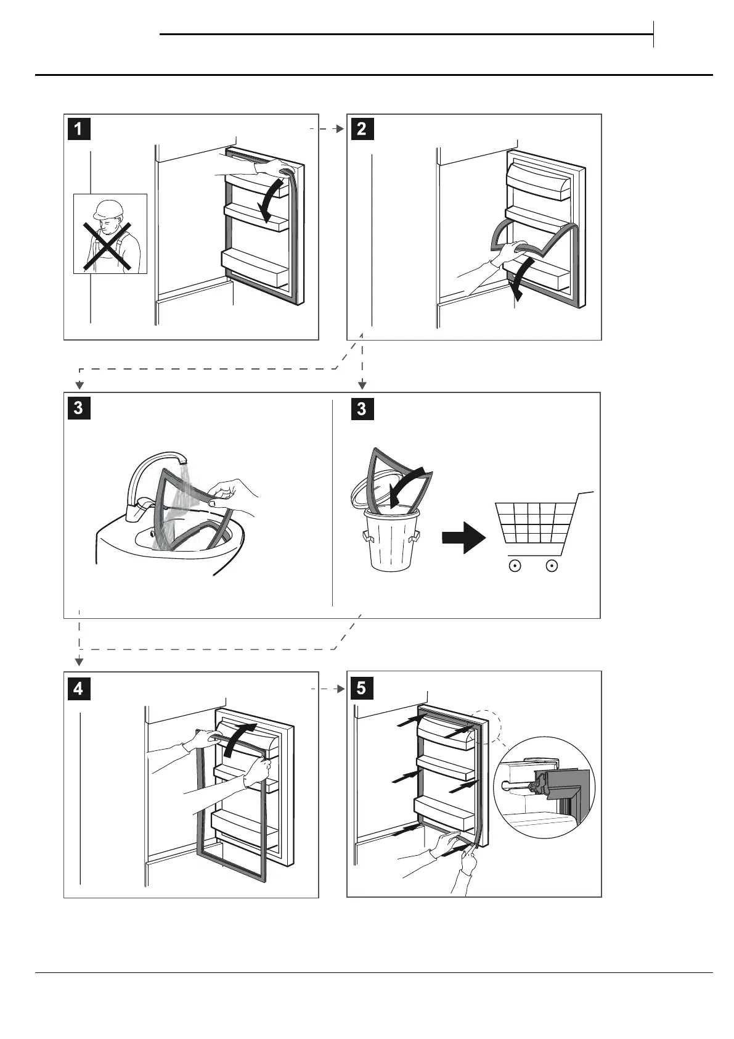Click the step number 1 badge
(x=78, y=129)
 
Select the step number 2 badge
(x=361, y=129)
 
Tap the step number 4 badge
(x=78, y=687)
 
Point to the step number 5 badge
(x=361, y=687)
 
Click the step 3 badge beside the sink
(x=78, y=408)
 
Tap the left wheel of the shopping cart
(x=516, y=565)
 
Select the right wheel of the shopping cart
(x=552, y=565)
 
